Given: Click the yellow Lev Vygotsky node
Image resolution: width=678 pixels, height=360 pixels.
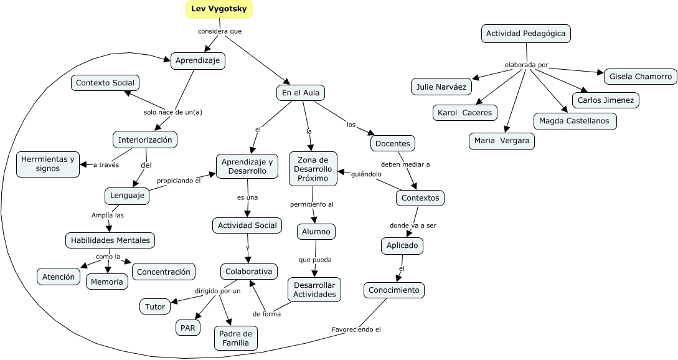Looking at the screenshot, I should click(219, 9).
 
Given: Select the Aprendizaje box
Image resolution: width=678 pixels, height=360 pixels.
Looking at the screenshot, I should click(198, 60).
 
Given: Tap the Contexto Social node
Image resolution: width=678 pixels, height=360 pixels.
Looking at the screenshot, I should click(105, 83).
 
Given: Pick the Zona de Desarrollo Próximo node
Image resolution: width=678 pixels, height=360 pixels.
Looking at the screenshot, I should click(313, 169).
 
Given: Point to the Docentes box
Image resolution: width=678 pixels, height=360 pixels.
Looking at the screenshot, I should click(393, 143).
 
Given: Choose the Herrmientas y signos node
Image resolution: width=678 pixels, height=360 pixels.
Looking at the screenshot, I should click(48, 164).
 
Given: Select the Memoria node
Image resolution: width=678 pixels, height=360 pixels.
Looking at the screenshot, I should click(107, 282).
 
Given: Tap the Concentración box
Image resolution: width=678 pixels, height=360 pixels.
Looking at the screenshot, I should click(164, 272).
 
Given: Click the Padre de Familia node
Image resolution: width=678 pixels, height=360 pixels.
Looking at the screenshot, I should click(235, 338).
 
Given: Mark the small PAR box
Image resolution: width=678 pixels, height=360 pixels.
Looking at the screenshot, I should click(188, 328).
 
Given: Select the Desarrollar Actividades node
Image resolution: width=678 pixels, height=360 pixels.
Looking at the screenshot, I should click(314, 290).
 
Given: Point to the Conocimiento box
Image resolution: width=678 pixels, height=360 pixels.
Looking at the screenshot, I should click(395, 290).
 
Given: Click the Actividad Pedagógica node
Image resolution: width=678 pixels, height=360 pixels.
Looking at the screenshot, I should click(526, 34).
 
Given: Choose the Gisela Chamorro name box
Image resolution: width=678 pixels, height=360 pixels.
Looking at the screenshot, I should click(641, 77).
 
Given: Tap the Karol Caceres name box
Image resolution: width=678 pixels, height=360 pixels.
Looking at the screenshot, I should click(464, 112).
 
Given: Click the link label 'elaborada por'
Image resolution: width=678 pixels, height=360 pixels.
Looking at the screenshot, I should click(526, 65).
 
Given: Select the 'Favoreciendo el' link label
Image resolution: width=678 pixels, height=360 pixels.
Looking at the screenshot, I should click(356, 329).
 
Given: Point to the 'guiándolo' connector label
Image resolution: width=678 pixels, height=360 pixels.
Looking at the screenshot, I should click(366, 174).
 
